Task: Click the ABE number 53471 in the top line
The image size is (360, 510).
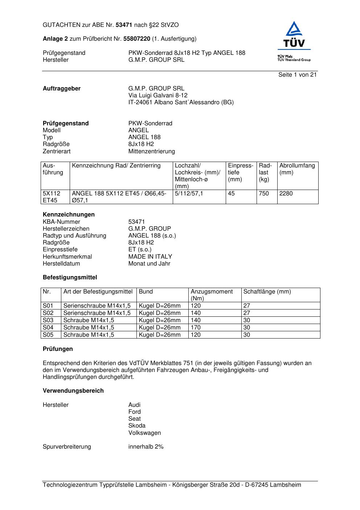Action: click(x=124, y=25)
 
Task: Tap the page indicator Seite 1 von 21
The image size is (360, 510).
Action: click(x=297, y=74)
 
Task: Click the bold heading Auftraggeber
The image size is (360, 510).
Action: click(x=62, y=88)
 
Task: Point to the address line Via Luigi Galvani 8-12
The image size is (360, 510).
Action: click(x=158, y=95)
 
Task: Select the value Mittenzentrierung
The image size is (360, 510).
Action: click(x=151, y=151)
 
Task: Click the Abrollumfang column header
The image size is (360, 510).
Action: click(x=297, y=166)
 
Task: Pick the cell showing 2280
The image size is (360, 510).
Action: click(x=286, y=193)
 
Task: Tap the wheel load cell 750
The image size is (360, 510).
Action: click(x=264, y=193)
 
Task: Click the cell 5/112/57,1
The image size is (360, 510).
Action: click(x=189, y=193)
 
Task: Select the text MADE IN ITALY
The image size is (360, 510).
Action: click(x=150, y=256)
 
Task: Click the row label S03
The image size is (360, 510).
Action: click(x=48, y=320)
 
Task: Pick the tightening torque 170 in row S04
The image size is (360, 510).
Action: click(x=196, y=327)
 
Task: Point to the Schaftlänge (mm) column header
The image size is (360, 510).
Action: click(x=267, y=291)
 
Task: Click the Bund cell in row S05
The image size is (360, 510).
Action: click(x=159, y=335)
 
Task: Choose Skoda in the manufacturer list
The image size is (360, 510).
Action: click(x=137, y=425)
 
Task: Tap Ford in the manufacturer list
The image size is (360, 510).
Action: click(x=134, y=412)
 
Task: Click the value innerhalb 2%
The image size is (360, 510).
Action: click(x=146, y=446)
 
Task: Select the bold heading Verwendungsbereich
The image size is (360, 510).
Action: click(x=73, y=390)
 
